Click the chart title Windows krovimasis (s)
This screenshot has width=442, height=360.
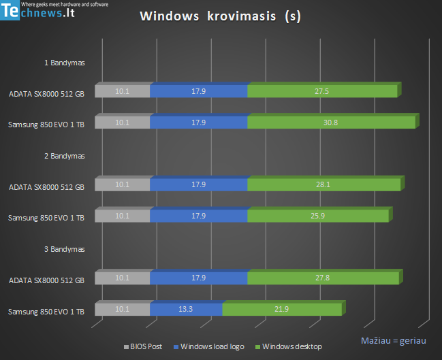(220, 16)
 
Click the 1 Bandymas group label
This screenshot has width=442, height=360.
(64, 63)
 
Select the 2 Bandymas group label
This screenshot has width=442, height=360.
(64, 156)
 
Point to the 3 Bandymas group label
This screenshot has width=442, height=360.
(64, 250)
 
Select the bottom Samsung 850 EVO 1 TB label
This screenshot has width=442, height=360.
(46, 312)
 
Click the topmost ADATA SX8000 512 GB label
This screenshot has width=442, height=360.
(46, 93)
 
